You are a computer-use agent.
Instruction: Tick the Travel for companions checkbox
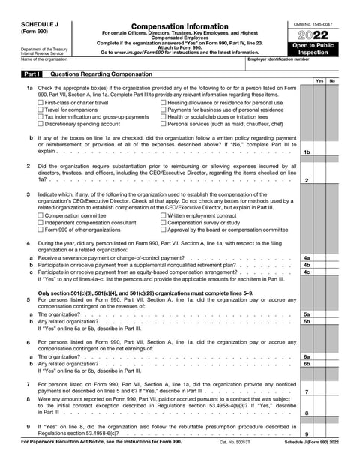click(x=40, y=110)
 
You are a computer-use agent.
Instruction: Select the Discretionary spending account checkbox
click(x=40, y=125)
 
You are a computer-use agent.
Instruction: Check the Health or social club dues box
click(x=164, y=117)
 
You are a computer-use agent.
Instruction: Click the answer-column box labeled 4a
click(x=307, y=258)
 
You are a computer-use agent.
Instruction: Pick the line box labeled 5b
click(x=307, y=321)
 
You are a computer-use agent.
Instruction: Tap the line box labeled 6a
click(x=307, y=356)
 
